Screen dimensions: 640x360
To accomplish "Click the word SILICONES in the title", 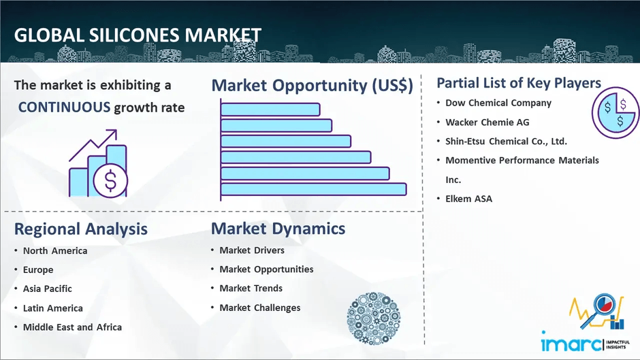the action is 134,35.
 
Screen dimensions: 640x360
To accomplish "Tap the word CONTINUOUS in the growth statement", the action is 64,108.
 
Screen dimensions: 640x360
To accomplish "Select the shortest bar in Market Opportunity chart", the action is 270,110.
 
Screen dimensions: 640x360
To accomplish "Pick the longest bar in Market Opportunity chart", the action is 313,189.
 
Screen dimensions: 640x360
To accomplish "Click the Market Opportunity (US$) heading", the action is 313,85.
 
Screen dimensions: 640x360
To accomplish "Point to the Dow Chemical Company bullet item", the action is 498,103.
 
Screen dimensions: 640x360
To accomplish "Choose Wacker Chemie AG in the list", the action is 487,122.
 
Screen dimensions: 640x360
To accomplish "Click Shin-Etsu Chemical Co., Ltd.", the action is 506,142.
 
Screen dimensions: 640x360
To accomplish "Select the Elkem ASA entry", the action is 468,199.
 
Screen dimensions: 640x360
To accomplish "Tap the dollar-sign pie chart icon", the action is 615,112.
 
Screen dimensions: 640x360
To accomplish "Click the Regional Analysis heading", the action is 81,229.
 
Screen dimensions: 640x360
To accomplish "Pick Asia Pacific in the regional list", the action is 48,289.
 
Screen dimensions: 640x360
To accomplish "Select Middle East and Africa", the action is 72,327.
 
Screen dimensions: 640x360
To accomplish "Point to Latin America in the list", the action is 52,308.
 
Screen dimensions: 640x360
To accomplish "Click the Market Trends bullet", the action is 251,288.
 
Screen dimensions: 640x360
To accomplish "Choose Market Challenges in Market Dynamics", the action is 260,308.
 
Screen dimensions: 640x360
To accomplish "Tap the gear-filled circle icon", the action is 374,318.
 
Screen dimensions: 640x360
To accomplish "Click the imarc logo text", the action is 571,342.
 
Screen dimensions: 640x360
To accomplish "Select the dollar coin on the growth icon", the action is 110,180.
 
